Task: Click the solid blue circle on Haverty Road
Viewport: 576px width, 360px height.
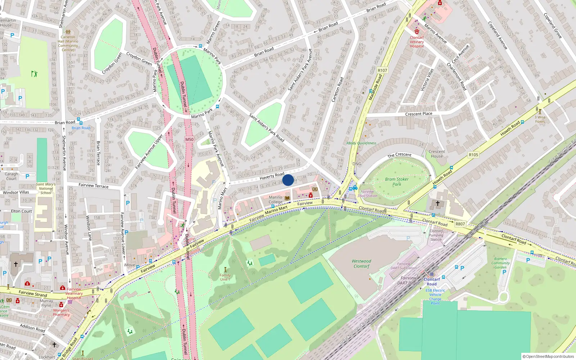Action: tap(288, 180)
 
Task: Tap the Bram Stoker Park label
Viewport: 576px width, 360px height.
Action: tap(397, 181)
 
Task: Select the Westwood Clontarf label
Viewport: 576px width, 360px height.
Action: tap(361, 264)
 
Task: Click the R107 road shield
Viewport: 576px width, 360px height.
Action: tap(382, 70)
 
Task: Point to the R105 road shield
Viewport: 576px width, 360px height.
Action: tap(473, 155)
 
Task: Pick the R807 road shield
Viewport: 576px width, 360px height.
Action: tap(460, 224)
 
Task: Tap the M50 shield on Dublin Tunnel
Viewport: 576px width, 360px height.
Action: tap(189, 139)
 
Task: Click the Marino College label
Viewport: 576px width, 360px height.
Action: tap(275, 199)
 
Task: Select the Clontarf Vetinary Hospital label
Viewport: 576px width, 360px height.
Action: tap(417, 42)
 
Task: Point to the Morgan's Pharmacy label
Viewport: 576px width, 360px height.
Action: tap(61, 312)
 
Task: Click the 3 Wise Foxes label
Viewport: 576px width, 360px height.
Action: tap(540, 119)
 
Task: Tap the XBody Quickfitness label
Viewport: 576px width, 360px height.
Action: tap(361, 143)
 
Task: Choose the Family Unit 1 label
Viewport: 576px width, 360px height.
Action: tap(225, 277)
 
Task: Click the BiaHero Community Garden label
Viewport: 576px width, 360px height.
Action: tap(500, 263)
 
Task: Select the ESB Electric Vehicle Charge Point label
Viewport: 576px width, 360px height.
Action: tap(435, 297)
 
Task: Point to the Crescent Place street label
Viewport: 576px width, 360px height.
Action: tap(419, 114)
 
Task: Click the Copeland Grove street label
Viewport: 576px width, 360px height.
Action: tap(553, 26)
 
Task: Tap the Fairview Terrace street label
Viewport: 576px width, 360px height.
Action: tap(93, 185)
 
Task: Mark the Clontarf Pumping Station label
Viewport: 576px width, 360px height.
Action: tap(436, 235)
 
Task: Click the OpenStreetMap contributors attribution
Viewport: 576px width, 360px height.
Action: tap(548, 356)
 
